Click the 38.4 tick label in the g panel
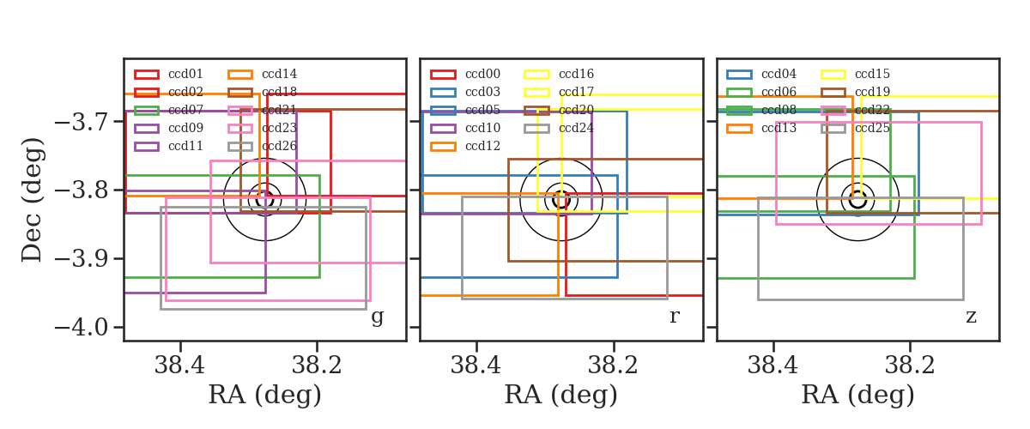(179, 366)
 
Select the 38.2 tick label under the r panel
(614, 366)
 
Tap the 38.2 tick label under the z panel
(910, 366)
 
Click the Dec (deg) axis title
(33, 200)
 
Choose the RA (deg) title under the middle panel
(561, 396)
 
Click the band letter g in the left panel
(377, 317)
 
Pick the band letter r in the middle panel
(674, 316)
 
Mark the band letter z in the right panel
(971, 317)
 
